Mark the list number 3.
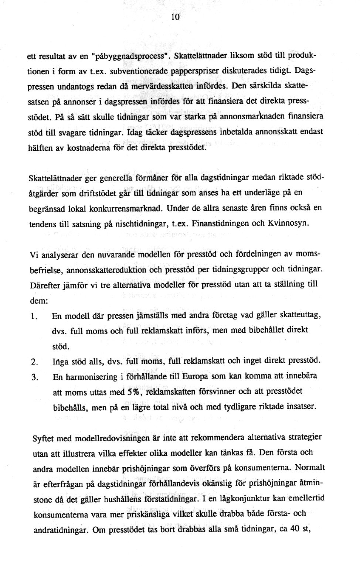34,378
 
